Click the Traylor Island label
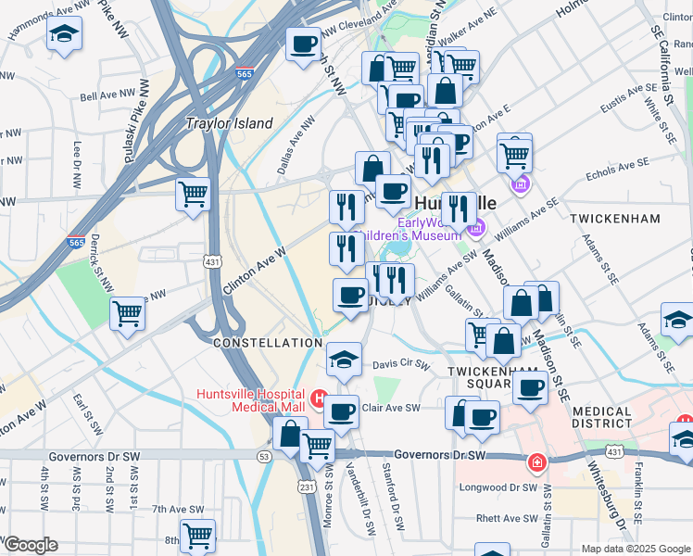click(230, 123)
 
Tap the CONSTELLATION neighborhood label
click(268, 343)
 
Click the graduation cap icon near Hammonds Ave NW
click(64, 35)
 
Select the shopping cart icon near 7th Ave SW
click(197, 535)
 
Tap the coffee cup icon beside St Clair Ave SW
click(342, 411)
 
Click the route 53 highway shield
click(264, 457)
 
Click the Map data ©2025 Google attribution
click(635, 549)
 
